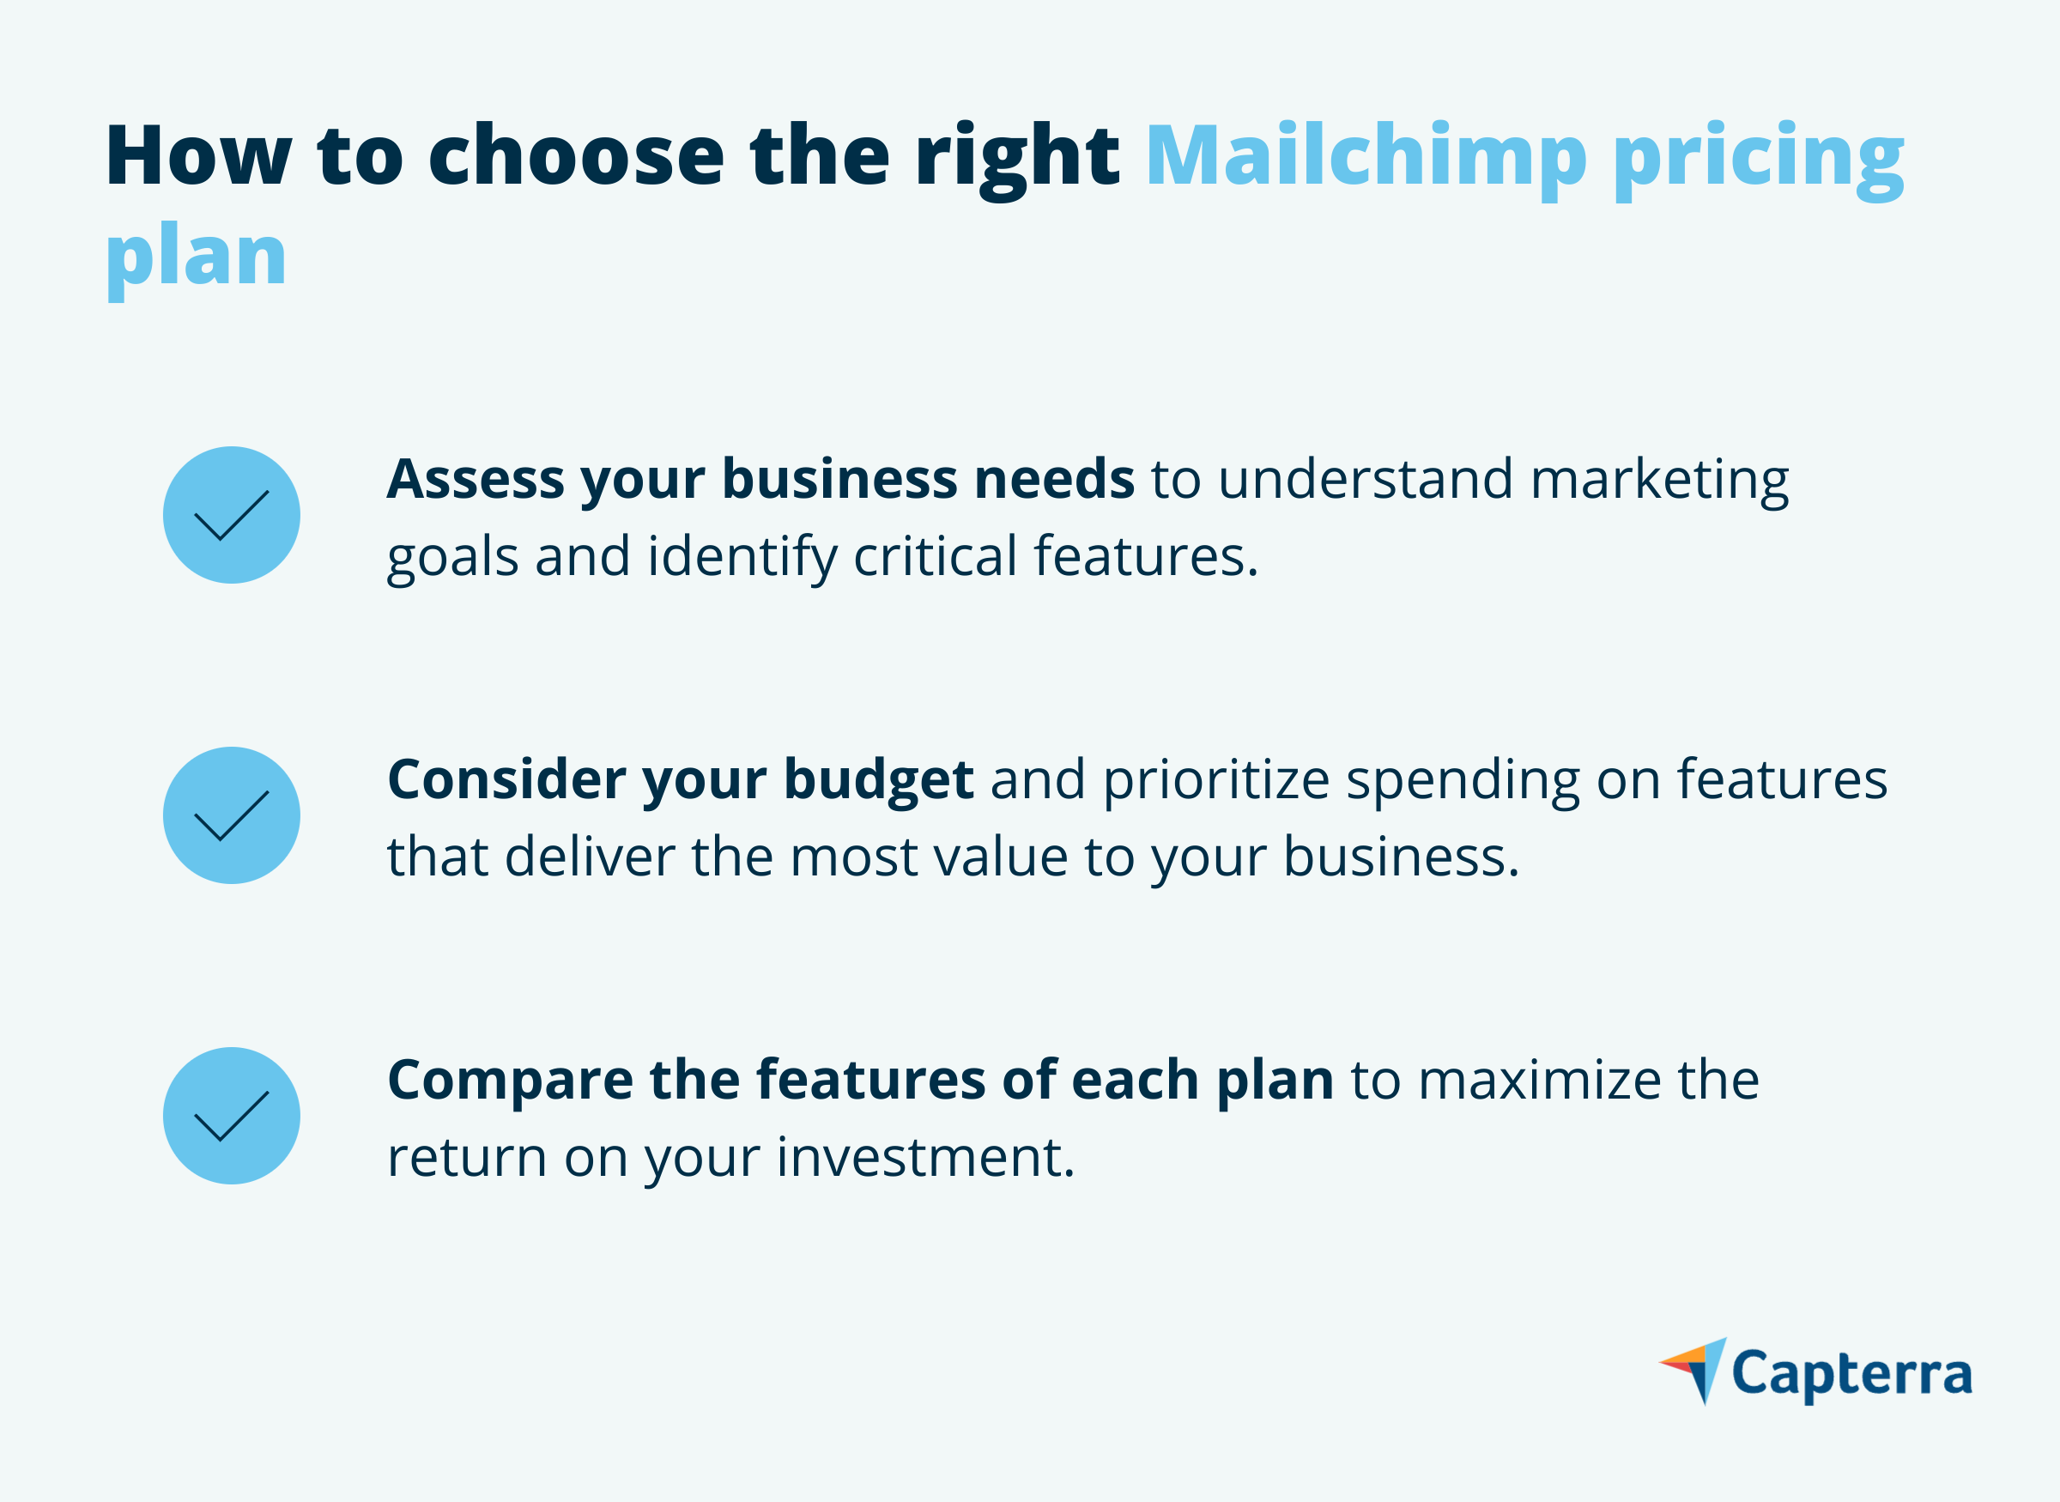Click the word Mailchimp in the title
(1366, 156)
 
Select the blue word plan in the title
(197, 257)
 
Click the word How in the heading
(198, 156)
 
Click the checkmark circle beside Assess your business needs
(232, 515)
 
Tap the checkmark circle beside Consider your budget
(232, 815)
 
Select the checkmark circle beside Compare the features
(232, 1116)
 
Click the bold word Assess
(476, 479)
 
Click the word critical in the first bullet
(935, 556)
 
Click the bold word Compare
(510, 1082)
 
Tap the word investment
(925, 1158)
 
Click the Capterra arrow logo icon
(1692, 1370)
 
